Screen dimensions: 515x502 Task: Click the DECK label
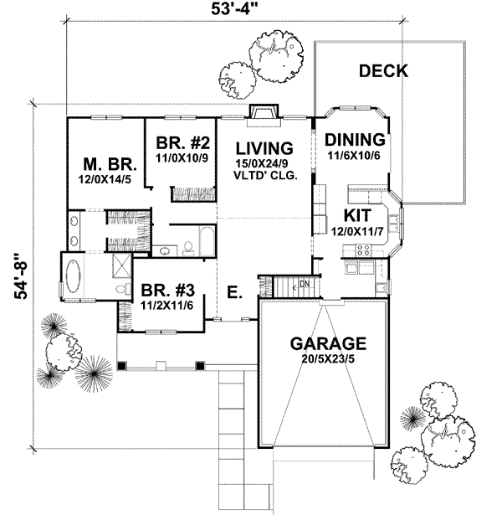point(383,71)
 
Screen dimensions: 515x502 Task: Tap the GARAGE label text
point(328,343)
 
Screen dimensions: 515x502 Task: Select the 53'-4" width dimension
point(234,11)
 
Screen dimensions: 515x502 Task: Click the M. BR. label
point(104,162)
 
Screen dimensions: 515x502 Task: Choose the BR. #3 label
point(167,291)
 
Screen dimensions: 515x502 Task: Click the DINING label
point(355,140)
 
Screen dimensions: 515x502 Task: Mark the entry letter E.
point(235,292)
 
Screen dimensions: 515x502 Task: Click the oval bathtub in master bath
point(78,276)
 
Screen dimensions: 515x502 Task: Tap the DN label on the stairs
point(305,284)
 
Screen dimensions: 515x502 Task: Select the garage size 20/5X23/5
point(328,359)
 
